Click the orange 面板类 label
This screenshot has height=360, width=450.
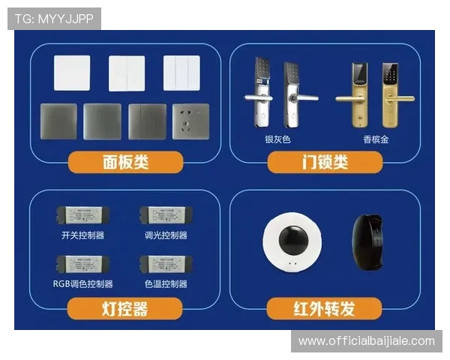125,162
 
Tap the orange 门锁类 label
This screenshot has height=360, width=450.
324,162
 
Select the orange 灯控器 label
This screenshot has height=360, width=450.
125,308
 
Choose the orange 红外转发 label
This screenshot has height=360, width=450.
324,308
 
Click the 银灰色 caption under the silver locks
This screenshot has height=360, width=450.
277,139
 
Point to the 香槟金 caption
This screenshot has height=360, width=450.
376,139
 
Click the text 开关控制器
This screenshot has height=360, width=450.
82,235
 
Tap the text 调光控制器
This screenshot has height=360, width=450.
166,235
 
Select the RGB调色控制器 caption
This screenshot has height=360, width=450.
82,283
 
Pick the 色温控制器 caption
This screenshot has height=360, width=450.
166,283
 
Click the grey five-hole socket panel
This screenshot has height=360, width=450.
191,121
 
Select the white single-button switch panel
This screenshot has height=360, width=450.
72,73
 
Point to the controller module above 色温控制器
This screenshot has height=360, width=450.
163,264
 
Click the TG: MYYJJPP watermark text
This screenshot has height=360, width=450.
54,19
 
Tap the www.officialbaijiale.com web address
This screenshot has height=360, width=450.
366,341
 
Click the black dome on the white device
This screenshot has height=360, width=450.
292,241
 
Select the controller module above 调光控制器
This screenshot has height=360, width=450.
163,214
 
